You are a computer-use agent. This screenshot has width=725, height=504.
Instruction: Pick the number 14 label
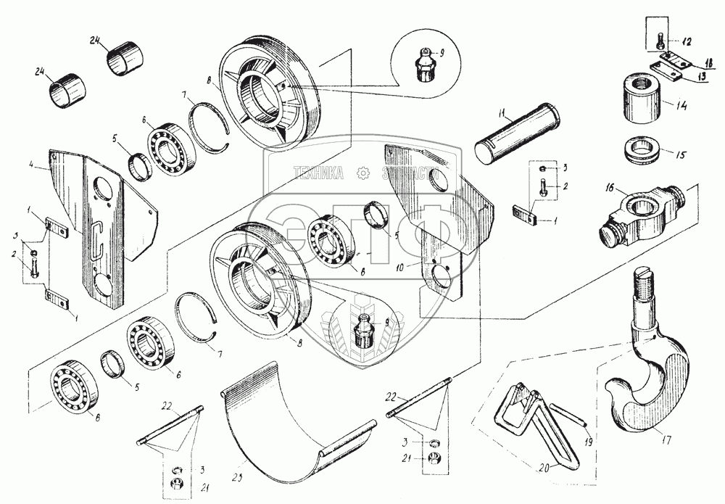point(681,106)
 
